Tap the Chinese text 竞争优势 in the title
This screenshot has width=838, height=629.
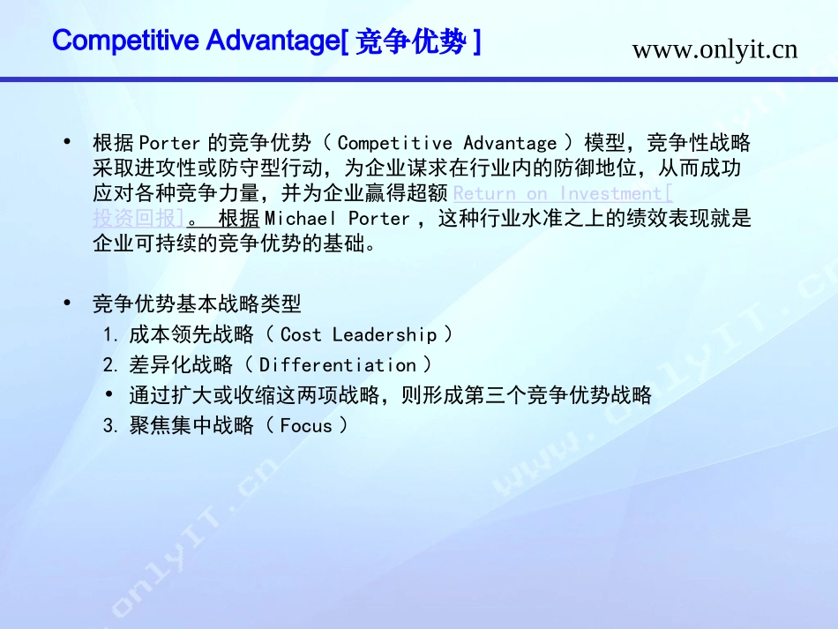(410, 41)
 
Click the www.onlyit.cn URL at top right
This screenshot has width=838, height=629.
(715, 49)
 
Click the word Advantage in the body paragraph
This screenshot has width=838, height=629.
(510, 143)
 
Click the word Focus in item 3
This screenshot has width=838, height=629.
(306, 426)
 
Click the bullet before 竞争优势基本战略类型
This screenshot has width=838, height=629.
(67, 303)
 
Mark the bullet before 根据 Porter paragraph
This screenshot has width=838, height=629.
(67, 142)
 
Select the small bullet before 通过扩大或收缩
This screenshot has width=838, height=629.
(108, 394)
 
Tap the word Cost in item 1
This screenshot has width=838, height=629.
(301, 334)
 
